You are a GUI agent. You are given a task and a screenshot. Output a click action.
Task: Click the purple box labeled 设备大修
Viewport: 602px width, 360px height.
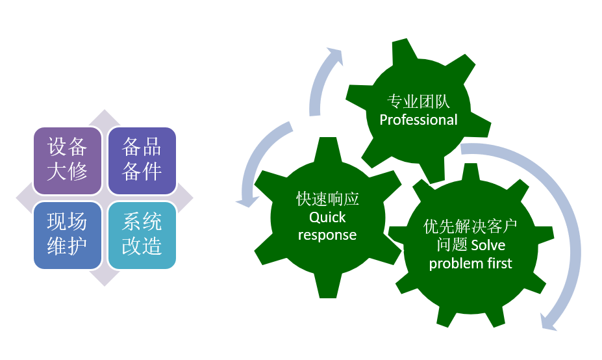pos(68,160)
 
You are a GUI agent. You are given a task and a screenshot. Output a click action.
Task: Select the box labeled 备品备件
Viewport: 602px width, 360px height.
pos(142,160)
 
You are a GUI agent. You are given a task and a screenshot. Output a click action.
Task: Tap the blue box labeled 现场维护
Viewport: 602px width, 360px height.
pos(68,235)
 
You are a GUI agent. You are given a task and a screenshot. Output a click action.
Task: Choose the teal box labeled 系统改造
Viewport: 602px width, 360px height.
pos(142,235)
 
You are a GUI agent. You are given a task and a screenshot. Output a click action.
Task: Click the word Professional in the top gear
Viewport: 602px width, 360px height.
pos(418,120)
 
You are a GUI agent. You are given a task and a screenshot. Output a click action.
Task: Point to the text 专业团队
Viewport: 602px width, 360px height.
pos(418,102)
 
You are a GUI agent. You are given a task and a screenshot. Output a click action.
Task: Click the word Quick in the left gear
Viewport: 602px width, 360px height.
pos(327,217)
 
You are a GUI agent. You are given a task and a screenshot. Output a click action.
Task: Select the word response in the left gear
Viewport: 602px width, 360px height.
pos(327,235)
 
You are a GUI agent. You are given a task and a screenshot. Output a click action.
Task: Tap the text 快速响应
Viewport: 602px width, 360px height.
pos(327,199)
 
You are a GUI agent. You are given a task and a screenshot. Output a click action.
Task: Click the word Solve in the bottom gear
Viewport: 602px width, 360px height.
pos(488,245)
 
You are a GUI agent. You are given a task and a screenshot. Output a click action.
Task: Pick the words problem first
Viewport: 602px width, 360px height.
pos(471,263)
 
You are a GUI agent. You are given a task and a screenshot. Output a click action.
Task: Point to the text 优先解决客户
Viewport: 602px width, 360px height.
pos(471,227)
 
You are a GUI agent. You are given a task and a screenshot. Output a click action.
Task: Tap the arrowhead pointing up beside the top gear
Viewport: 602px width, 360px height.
pos(334,55)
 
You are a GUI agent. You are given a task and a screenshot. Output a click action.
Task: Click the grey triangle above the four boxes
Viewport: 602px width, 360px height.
pos(105,117)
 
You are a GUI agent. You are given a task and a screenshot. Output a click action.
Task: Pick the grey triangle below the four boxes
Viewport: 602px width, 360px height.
pos(105,277)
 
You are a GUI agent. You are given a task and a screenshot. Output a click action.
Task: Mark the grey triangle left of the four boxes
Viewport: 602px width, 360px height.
pos(24,197)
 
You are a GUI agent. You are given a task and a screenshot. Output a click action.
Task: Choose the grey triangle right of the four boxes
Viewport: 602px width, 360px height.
pos(185,197)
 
